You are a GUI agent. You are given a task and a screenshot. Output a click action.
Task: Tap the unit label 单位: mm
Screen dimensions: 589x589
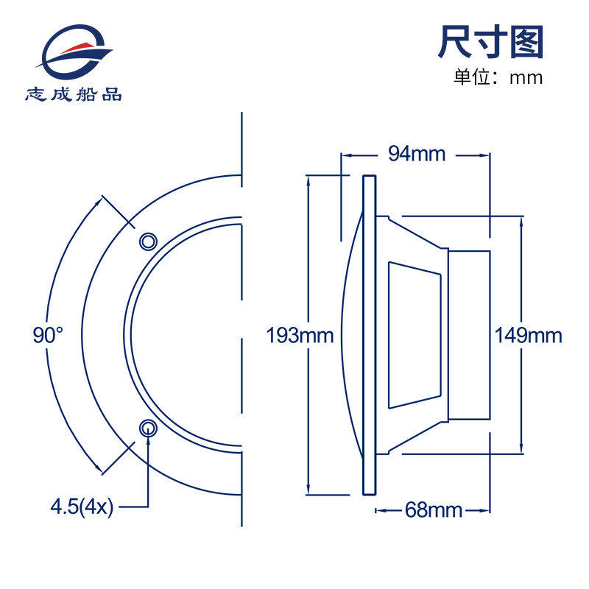(x=498, y=77)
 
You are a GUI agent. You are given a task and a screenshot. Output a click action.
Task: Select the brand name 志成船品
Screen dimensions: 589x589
(x=74, y=94)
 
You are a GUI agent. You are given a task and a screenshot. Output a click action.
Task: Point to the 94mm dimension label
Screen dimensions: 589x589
(x=417, y=154)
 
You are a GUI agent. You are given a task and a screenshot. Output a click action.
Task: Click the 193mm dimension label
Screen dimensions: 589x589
(x=300, y=336)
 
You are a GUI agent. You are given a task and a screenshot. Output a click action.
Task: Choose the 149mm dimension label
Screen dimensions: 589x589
(x=528, y=336)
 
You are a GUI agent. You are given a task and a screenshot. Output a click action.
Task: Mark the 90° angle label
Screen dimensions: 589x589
(x=49, y=336)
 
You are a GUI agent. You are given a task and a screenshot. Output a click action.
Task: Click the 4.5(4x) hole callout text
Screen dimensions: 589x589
(x=82, y=507)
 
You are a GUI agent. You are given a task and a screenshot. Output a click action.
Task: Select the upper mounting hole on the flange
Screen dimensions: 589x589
(x=148, y=241)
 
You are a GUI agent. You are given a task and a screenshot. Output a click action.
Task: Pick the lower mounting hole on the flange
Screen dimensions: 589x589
(x=148, y=428)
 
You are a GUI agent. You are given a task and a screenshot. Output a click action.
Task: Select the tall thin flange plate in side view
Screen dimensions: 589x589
(x=370, y=335)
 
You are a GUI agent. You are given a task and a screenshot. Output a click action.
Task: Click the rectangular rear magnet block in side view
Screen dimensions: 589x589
(x=469, y=335)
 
